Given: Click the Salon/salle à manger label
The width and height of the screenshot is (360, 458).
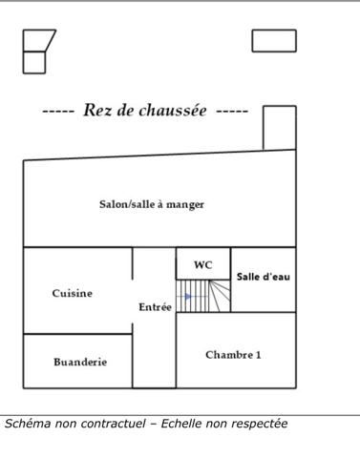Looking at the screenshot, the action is [x=152, y=204].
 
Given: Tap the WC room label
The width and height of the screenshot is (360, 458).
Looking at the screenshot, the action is [x=203, y=265].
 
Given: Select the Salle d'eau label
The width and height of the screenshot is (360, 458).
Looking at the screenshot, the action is [x=264, y=277].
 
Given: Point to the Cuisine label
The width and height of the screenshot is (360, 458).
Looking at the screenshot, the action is [x=73, y=294].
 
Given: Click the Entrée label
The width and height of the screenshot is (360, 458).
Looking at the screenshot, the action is [x=155, y=307].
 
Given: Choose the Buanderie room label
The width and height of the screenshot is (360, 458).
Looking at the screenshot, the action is [x=80, y=363].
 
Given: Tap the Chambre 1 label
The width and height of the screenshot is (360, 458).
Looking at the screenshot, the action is [x=233, y=355].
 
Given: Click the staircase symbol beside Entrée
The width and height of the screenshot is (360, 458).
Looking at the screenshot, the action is [x=203, y=296].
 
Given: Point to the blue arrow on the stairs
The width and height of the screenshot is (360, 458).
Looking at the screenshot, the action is [x=191, y=297].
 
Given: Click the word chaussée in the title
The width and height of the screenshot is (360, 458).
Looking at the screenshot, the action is [x=173, y=111].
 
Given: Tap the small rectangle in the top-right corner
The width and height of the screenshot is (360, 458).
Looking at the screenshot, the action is [x=274, y=41].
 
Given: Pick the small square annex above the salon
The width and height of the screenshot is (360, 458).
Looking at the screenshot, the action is [x=279, y=128].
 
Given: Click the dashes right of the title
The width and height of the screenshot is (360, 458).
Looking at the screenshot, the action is [x=232, y=112].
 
